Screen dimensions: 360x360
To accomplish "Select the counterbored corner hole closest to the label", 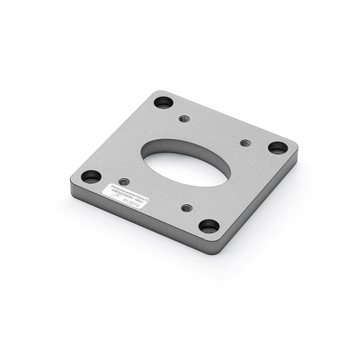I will (91, 177).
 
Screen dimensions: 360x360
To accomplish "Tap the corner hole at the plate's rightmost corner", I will (277, 147).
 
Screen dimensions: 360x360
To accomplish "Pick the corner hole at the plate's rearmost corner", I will (164, 102).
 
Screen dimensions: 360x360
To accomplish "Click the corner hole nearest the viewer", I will (209, 226).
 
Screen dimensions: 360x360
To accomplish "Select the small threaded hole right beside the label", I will (124, 182).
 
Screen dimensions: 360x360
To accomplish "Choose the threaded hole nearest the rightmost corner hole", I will (245, 143).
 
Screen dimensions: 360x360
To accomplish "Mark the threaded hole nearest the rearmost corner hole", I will (183, 119).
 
